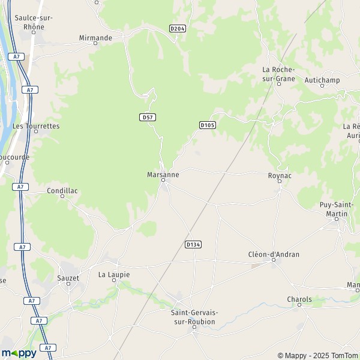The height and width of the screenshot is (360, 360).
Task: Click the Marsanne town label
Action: (163, 175)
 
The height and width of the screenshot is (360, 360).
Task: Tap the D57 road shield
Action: (148, 117)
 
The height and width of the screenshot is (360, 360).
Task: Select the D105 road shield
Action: (207, 125)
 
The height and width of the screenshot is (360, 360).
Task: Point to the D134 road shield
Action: (193, 244)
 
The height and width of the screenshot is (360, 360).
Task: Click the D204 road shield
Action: (177, 28)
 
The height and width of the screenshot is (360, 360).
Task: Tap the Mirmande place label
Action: (95, 38)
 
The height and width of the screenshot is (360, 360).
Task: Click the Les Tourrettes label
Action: (36, 126)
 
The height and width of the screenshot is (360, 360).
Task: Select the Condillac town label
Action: (62, 191)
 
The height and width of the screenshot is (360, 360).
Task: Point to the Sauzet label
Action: (68, 278)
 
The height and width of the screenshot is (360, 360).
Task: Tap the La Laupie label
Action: (113, 274)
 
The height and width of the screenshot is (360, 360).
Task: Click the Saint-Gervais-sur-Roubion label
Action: (194, 317)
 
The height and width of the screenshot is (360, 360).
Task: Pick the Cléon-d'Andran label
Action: (274, 254)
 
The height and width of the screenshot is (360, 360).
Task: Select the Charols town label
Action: (299, 299)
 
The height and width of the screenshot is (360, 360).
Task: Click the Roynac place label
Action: (280, 175)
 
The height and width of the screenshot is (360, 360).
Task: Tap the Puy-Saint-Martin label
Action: (337, 209)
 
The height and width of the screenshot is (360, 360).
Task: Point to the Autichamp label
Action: (322, 80)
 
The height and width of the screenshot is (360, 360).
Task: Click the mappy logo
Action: (19, 353)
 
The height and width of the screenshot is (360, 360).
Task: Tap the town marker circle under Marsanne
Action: (163, 179)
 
